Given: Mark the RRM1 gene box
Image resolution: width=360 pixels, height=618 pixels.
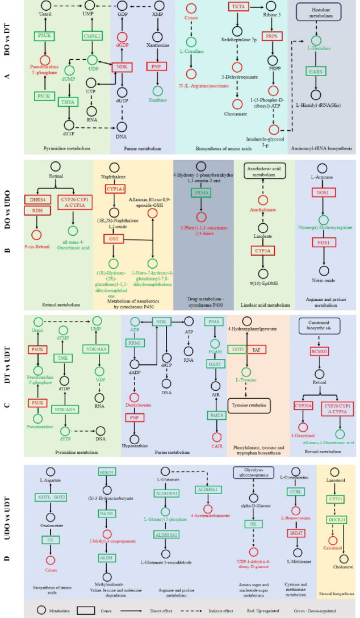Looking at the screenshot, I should (134, 343).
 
